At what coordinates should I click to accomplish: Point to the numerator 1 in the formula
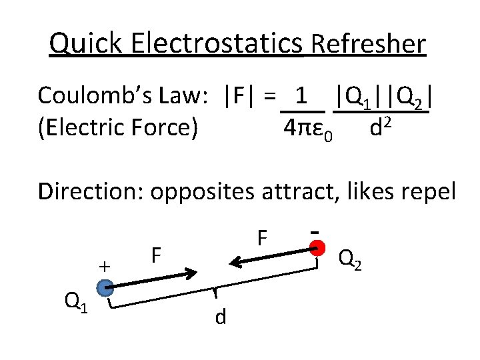[x=301, y=95]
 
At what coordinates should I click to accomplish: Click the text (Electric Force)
[x=118, y=127]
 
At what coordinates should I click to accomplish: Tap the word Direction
[x=91, y=191]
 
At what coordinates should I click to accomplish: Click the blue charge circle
[x=105, y=288]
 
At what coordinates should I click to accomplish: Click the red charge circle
[x=319, y=249]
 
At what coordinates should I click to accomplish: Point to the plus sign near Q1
[x=104, y=265]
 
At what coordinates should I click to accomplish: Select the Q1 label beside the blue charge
[x=75, y=302]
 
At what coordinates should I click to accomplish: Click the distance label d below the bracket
[x=221, y=317]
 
